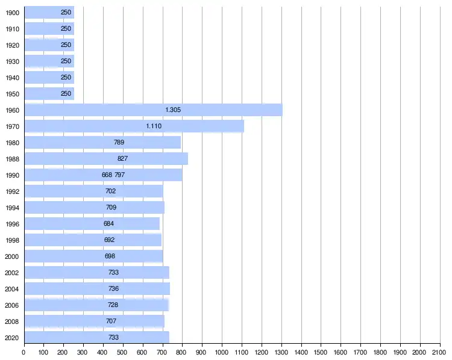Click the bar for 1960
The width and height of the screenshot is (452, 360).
153,110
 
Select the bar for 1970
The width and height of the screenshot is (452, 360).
134,126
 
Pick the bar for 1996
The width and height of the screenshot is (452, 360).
92,223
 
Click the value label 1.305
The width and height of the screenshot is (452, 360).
173,110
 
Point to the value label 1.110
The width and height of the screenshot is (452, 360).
154,126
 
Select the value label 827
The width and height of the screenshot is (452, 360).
123,158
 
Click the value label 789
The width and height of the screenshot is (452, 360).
119,142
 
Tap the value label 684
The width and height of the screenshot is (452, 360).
108,223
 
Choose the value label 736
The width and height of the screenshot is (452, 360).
113,288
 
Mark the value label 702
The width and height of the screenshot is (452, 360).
110,191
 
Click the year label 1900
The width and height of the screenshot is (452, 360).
12,12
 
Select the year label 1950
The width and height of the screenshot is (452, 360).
12,93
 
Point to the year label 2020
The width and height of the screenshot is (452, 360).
12,337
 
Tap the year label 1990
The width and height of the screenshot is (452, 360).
12,175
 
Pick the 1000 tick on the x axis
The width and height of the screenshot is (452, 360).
222,352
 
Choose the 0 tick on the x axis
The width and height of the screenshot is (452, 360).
24,352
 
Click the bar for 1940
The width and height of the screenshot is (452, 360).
48,77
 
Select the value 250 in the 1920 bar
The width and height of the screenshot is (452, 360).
66,45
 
